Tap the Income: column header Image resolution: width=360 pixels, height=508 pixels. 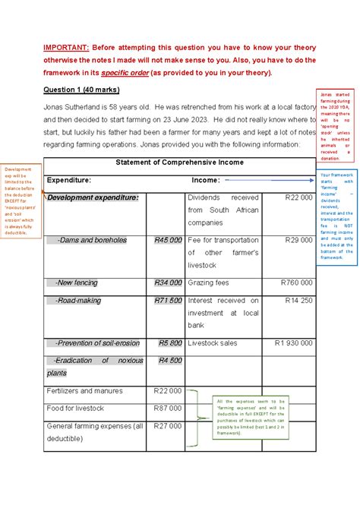pos(206,180)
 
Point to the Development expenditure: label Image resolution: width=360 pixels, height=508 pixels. pos(93,197)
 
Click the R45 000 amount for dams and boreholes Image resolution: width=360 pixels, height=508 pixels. pos(168,240)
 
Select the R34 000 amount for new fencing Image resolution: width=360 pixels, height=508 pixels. pos(168,282)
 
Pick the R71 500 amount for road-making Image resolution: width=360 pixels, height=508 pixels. pos(168,301)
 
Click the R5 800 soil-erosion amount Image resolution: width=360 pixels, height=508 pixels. pos(170,342)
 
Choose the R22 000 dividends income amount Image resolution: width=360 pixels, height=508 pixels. pos(298,197)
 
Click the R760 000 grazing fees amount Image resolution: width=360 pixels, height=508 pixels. pos(296,282)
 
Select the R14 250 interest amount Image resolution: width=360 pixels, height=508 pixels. pos(298,301)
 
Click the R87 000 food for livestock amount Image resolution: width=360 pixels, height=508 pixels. pos(168,408)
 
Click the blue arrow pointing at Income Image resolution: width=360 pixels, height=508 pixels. pos(270,181)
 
